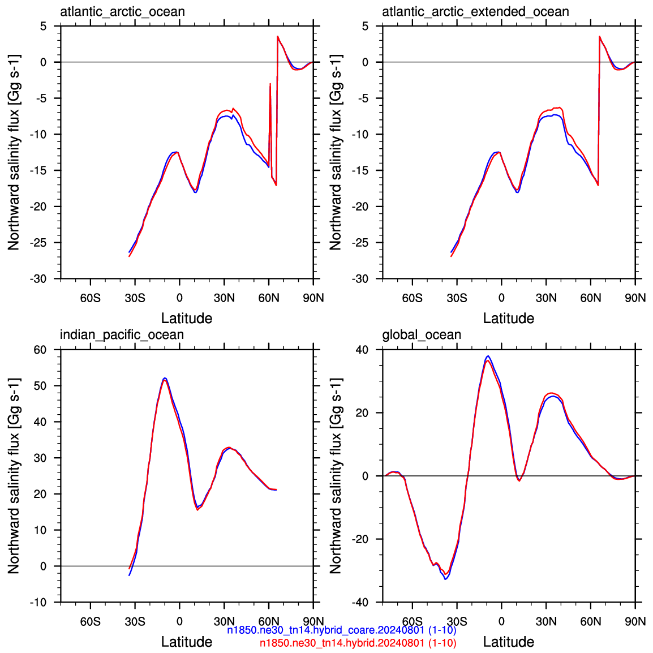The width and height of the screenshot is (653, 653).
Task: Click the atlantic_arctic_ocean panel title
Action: click(122, 11)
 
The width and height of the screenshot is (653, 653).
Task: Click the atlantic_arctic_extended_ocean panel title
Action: click(475, 11)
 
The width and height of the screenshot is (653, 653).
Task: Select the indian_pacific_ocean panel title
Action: click(122, 334)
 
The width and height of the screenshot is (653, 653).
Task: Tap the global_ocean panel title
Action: click(422, 334)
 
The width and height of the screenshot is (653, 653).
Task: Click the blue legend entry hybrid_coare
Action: click(341, 630)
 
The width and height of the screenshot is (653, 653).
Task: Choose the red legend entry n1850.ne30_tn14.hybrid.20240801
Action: click(358, 643)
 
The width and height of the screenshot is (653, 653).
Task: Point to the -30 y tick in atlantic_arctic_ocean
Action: click(38, 278)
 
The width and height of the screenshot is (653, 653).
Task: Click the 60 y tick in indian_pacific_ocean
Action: click(40, 350)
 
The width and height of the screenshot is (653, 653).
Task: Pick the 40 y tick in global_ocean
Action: click(362, 350)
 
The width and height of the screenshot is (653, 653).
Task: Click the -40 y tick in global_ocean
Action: click(360, 602)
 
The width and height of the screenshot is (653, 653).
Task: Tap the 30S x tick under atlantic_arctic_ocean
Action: click(135, 298)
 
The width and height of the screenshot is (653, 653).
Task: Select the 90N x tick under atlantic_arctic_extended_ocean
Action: click(635, 298)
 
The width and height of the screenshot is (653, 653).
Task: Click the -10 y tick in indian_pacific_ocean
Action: click(38, 602)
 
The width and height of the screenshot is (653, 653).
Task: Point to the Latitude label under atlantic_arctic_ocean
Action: click(187, 318)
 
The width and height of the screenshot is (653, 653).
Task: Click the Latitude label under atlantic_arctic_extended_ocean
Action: click(509, 318)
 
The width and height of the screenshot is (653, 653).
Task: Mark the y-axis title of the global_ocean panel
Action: click(336, 475)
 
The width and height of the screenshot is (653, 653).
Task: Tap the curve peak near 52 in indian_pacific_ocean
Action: click(165, 378)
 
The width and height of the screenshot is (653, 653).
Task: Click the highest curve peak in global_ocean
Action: click(488, 356)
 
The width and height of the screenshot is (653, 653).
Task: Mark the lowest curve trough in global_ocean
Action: click(445, 579)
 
